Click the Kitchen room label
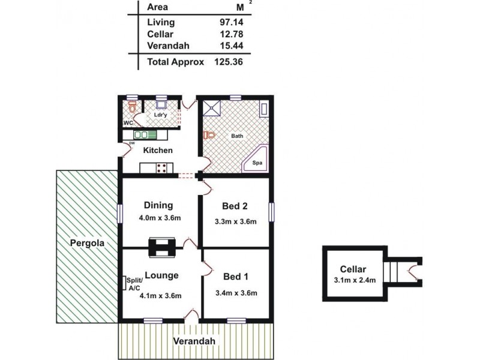tap(158, 150)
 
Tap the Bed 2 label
tap(236, 206)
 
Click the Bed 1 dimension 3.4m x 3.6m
tap(236, 293)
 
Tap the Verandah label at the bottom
tap(194, 341)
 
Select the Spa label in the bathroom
tap(256, 163)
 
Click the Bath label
tap(238, 136)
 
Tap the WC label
tap(128, 123)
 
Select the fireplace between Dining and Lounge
tap(163, 246)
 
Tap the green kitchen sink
tap(145, 135)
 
